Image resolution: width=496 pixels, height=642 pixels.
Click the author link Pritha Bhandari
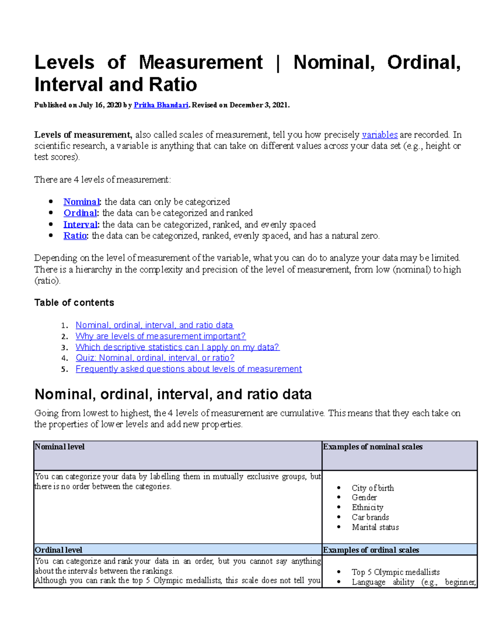[161, 105]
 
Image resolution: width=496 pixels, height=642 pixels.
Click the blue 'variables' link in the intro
[379, 135]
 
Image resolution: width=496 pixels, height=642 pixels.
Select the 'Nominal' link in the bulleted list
[81, 202]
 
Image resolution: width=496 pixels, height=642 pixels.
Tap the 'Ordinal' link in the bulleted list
[80, 213]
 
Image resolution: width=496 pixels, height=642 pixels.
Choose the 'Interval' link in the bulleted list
[81, 224]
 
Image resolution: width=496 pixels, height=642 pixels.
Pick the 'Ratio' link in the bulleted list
[75, 236]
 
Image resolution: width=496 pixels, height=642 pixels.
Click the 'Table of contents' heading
[74, 303]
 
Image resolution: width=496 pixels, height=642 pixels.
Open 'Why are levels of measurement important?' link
[160, 336]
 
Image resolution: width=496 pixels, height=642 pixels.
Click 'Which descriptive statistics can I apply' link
[177, 347]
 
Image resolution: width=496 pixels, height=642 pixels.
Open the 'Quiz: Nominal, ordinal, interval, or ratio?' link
[155, 358]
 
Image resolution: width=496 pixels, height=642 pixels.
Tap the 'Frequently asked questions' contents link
[188, 369]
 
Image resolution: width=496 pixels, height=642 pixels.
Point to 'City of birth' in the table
[372, 488]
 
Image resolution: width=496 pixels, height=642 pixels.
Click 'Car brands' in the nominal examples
[370, 517]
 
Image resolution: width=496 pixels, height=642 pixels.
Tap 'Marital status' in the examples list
[375, 527]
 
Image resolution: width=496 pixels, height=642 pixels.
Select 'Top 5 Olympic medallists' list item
[395, 572]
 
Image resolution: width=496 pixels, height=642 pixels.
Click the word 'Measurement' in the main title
[200, 62]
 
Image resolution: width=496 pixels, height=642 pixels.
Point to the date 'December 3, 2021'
[259, 105]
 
